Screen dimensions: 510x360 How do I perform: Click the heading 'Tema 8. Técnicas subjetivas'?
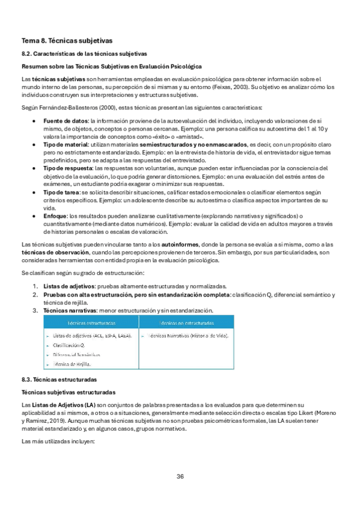(x=66, y=41)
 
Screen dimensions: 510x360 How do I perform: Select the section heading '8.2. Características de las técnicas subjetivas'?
(x=84, y=54)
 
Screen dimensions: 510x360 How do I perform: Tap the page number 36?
(x=180, y=476)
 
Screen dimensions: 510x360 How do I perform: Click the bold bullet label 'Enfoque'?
(x=55, y=215)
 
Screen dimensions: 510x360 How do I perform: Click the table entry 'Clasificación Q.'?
(x=69, y=345)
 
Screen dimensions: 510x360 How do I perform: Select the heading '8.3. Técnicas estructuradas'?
(x=59, y=379)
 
